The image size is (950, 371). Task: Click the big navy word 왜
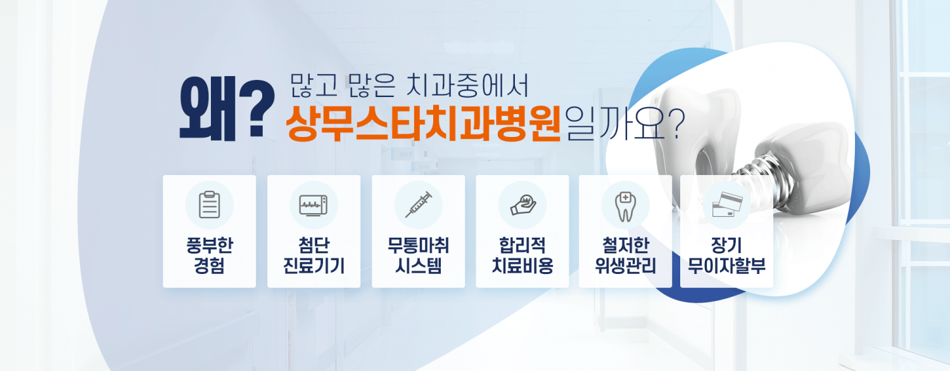click(x=206, y=108)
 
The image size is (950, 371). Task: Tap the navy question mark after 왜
click(x=256, y=108)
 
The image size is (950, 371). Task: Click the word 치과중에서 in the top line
click(x=467, y=86)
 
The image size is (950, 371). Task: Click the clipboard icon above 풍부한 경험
click(x=210, y=205)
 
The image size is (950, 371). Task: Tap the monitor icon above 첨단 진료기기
click(x=313, y=205)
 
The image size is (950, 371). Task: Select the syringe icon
click(x=419, y=205)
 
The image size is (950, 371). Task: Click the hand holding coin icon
click(x=523, y=205)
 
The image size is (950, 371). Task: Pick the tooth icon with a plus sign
click(x=625, y=207)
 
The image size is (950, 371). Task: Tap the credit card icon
click(x=727, y=205)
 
